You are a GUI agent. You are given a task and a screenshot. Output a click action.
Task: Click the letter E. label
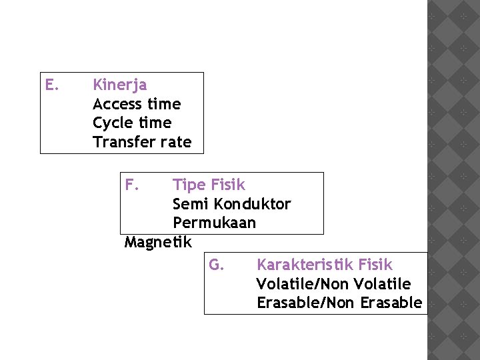[x=52, y=85]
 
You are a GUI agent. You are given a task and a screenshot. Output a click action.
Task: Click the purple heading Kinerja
[x=120, y=85]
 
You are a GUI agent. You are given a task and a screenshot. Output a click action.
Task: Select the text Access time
[x=137, y=104]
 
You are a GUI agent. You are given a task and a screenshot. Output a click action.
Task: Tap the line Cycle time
[x=132, y=123]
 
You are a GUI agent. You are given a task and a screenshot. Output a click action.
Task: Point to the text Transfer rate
[x=142, y=142]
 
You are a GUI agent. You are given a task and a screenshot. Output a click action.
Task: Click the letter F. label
[x=132, y=184]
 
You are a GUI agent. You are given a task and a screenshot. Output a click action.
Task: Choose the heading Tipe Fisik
[x=209, y=185]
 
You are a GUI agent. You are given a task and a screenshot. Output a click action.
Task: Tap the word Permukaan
[x=214, y=223]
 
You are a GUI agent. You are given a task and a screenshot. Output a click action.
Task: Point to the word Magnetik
[x=158, y=241]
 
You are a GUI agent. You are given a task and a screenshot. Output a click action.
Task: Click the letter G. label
[x=216, y=265]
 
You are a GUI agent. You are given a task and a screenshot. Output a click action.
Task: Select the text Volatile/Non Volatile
[x=333, y=284]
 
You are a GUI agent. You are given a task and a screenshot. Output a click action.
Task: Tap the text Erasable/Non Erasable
[x=339, y=303]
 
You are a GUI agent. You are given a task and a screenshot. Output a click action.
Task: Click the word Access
[x=117, y=104]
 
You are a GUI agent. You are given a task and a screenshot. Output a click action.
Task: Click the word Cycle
[x=113, y=123]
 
